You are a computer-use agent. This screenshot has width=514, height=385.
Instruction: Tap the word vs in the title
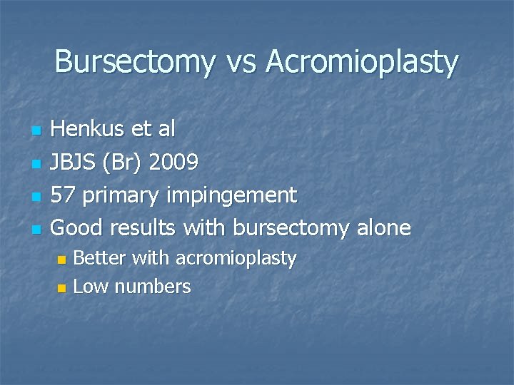tap(241, 62)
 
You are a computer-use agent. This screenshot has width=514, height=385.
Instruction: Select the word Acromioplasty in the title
tap(363, 63)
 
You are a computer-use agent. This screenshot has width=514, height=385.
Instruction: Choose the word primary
tap(118, 195)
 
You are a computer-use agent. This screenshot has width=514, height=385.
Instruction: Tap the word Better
tap(99, 258)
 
